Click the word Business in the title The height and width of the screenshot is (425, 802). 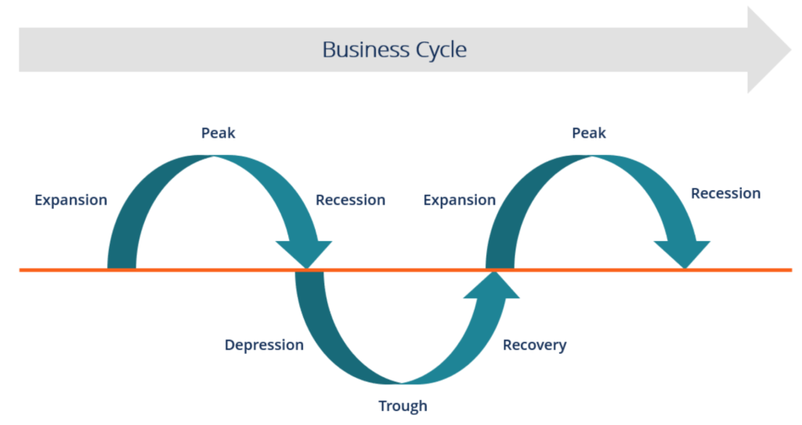(x=360, y=50)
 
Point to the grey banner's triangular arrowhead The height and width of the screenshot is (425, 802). (x=768, y=50)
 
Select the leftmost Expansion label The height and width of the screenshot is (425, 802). (x=70, y=200)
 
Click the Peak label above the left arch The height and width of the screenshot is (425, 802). (x=218, y=133)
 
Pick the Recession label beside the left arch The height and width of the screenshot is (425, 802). (x=350, y=200)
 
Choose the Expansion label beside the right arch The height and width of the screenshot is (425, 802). (x=459, y=200)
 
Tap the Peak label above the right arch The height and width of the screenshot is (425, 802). (x=588, y=133)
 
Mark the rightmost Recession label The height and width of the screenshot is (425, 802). (x=725, y=193)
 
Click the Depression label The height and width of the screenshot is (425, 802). (x=264, y=345)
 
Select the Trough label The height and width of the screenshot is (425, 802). (x=403, y=406)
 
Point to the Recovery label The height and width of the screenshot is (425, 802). (x=534, y=345)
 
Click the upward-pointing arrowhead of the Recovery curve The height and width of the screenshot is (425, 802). (x=492, y=286)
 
